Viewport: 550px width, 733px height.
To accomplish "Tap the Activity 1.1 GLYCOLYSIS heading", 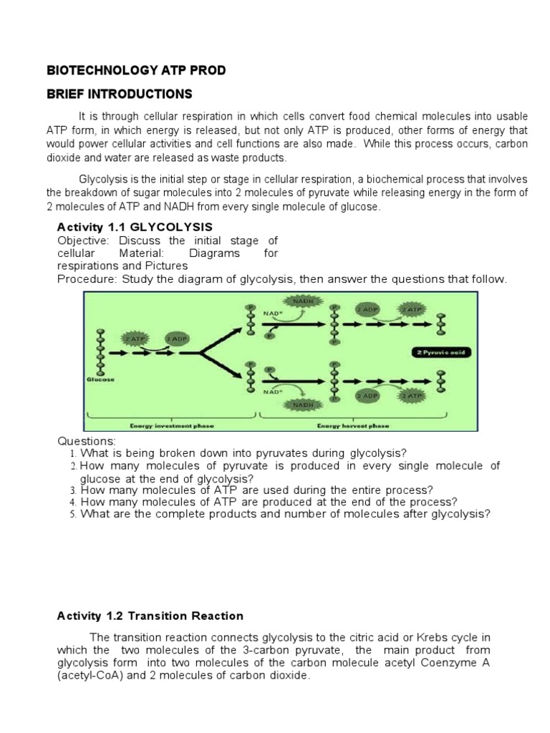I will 135,227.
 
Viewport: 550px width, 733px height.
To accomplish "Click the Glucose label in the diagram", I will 100,380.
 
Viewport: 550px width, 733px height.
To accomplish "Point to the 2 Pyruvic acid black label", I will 443,352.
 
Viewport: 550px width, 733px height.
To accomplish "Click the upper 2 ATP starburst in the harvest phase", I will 412,309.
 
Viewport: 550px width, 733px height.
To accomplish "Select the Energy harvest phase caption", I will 354,426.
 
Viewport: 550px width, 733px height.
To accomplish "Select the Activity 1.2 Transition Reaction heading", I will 150,616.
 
